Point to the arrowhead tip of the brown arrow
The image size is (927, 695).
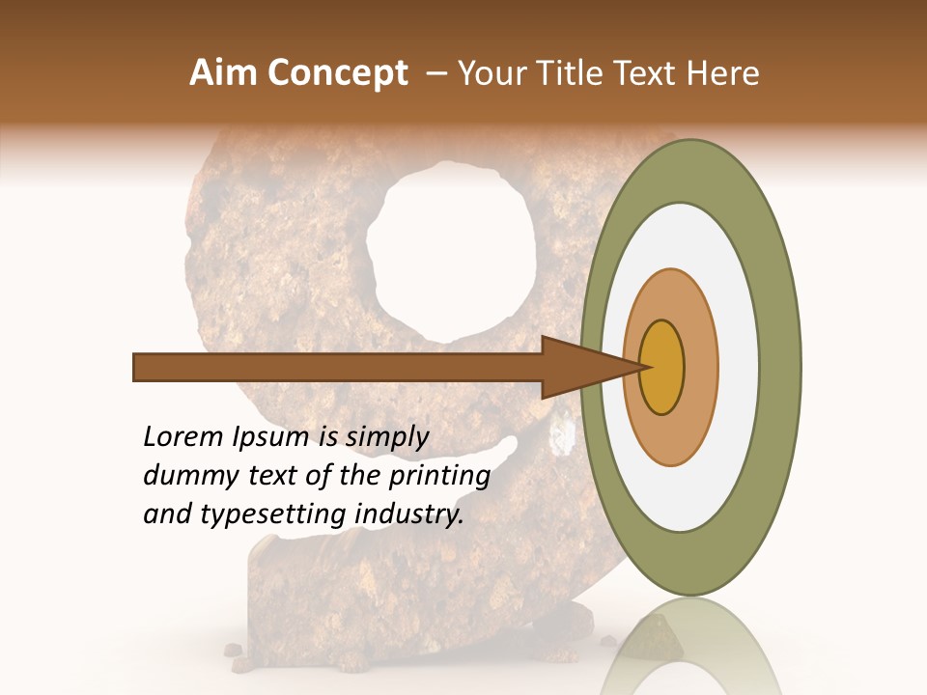click(x=644, y=367)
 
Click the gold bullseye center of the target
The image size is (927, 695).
click(x=662, y=367)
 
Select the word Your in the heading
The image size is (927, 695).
click(x=488, y=73)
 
